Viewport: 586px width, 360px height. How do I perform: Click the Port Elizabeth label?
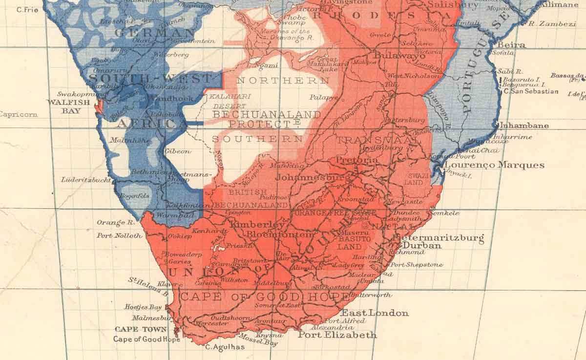337,335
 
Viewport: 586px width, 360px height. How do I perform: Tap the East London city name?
375,313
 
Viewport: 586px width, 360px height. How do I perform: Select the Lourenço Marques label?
494,165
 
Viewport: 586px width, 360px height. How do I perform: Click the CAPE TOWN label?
134,330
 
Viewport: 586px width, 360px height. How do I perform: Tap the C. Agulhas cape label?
218,348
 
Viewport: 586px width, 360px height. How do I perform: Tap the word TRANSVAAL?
365,140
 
